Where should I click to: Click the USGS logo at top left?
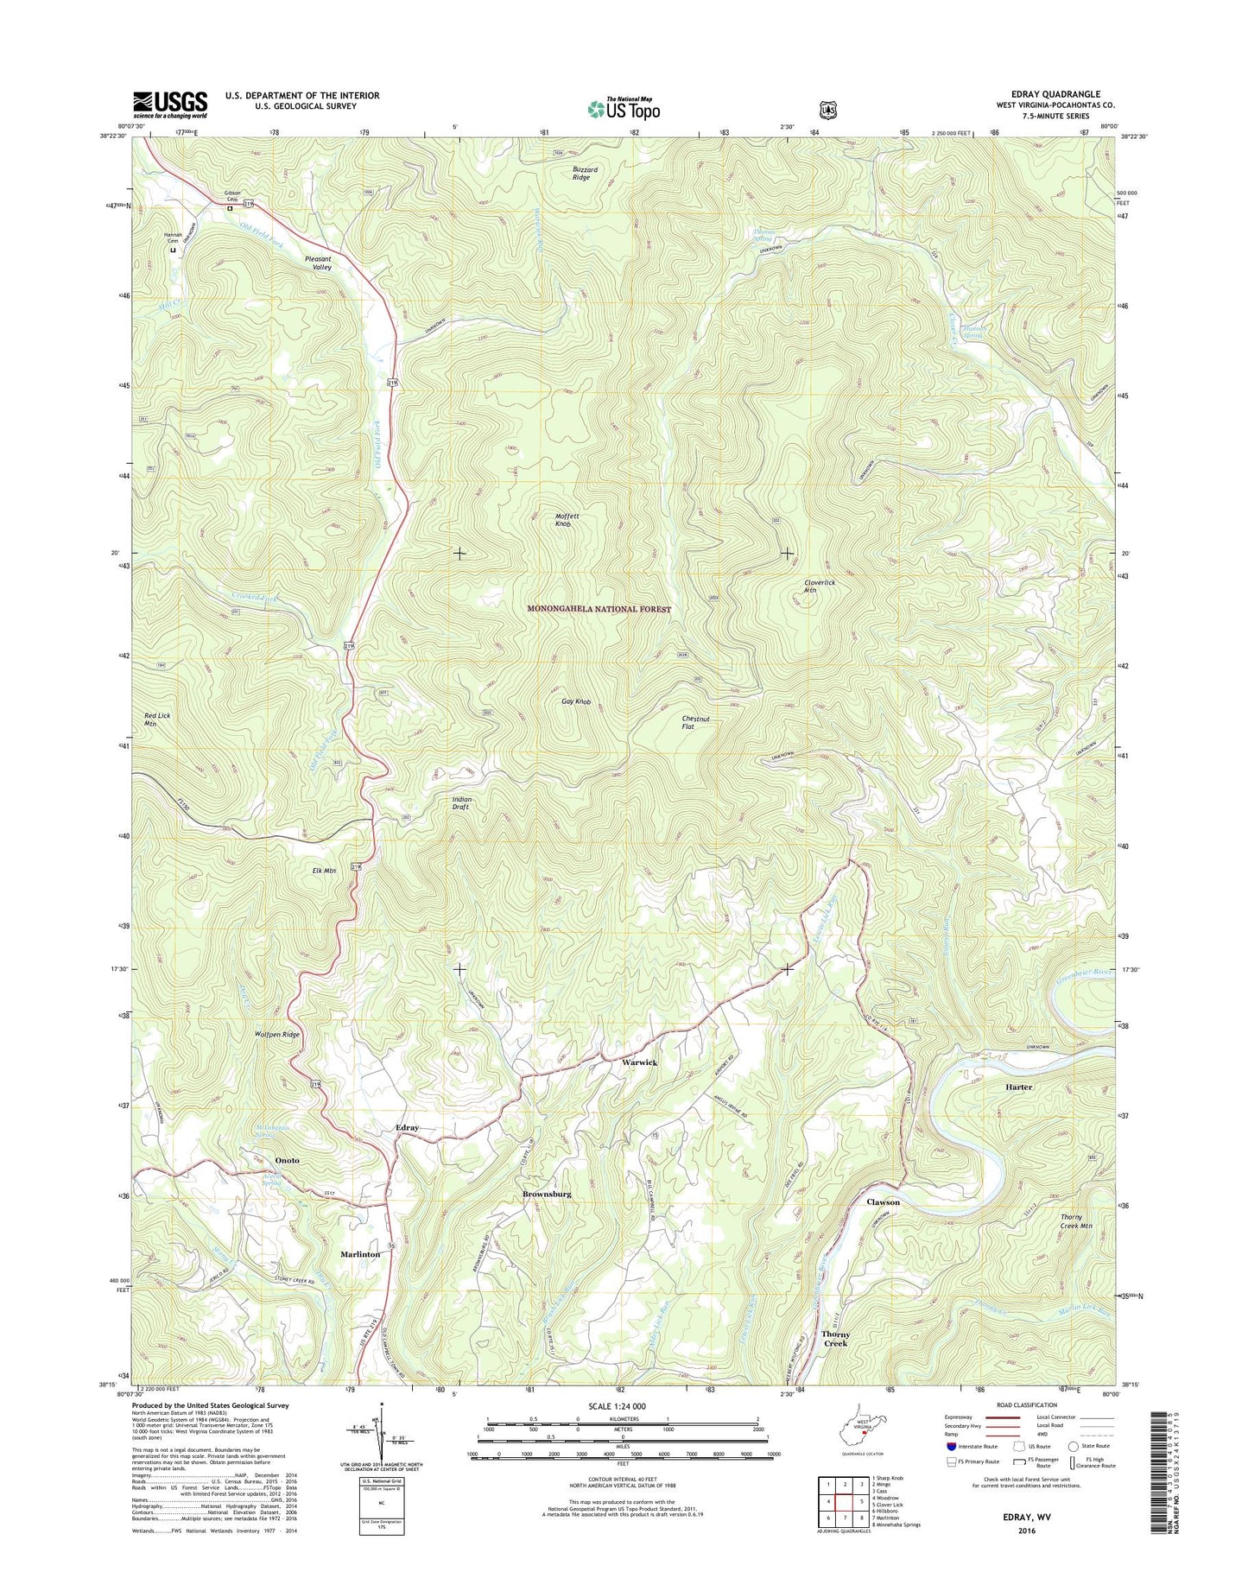pos(169,104)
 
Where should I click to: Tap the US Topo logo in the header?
pos(624,109)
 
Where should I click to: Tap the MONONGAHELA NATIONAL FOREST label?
pos(599,609)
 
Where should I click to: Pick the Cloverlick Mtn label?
pos(819,586)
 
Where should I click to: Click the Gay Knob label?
pos(576,702)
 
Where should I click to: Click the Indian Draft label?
pos(462,803)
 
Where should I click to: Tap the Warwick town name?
pos(640,1062)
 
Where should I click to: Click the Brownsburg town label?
pos(547,1194)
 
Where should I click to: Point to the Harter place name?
pos(1018,1087)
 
